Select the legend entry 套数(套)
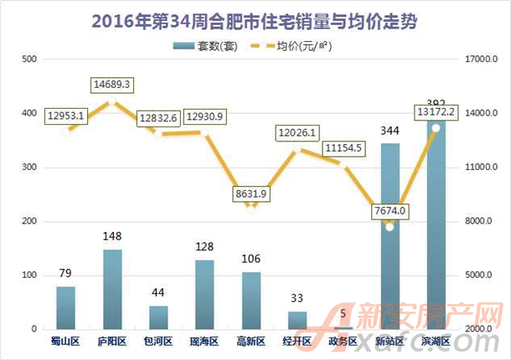tap(207, 46)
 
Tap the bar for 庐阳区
tap(112, 289)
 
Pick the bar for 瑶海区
tap(204, 294)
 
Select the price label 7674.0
tap(390, 210)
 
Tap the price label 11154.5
tap(344, 148)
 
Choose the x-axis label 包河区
tap(158, 342)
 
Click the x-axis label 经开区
tap(297, 342)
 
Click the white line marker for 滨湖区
tap(436, 128)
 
